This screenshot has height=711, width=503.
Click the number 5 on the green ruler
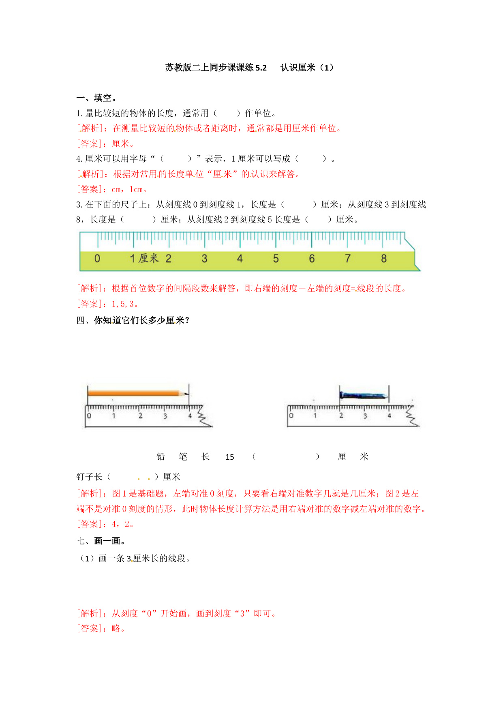tap(276, 259)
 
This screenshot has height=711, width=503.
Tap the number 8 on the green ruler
tap(383, 259)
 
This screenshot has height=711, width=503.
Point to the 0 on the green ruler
tap(97, 259)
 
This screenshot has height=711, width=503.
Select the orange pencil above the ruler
tap(134, 393)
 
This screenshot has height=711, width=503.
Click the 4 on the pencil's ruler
tap(190, 416)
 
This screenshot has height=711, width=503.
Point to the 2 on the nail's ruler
tap(341, 415)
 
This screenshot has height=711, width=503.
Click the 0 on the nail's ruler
tap(291, 415)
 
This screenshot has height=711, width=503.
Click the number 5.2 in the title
tap(261, 68)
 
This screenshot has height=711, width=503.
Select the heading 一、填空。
tap(97, 98)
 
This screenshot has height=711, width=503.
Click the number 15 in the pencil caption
tap(230, 457)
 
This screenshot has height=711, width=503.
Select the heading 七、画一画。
tap(101, 541)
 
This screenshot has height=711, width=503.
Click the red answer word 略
tap(116, 629)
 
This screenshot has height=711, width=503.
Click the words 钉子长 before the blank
tap(89, 477)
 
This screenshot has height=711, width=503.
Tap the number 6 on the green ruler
tap(312, 259)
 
